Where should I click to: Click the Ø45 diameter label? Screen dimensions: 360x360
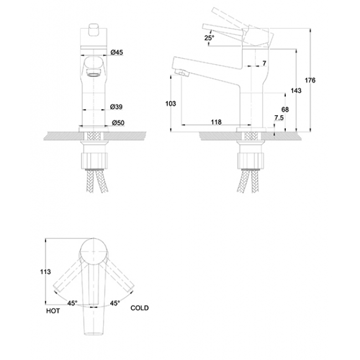click(x=117, y=53)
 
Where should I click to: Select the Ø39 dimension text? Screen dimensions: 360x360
click(x=116, y=107)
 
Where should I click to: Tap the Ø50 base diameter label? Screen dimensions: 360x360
click(x=118, y=123)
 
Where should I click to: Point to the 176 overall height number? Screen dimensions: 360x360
click(x=310, y=80)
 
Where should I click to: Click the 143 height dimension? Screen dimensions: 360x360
click(x=296, y=91)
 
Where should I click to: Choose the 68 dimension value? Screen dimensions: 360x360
click(x=285, y=110)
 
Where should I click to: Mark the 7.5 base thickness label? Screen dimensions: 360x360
click(x=279, y=118)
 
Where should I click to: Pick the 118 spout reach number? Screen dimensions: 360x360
click(x=216, y=122)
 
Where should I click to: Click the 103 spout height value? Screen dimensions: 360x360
click(x=171, y=104)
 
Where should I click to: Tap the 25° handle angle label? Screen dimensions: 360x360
click(x=209, y=38)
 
